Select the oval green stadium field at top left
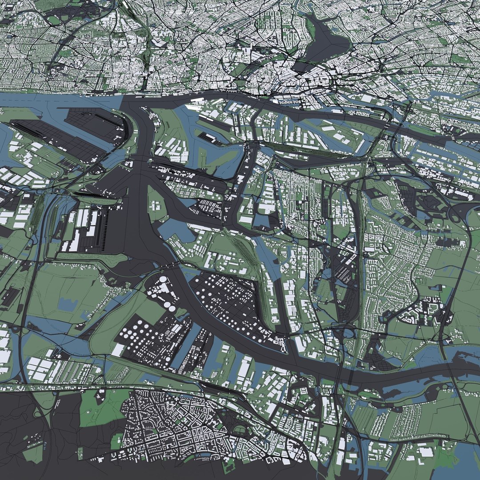54,20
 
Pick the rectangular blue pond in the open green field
67,304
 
